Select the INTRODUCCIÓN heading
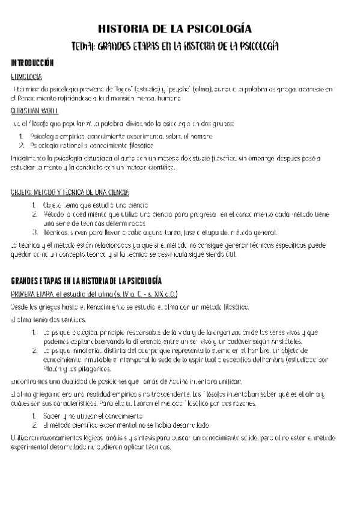pyautogui.click(x=32, y=63)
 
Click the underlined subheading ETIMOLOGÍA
pyautogui.click(x=26, y=77)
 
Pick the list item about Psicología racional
pyautogui.click(x=91, y=145)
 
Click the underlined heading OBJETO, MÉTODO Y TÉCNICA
pyautogui.click(x=70, y=192)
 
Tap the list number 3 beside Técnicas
pyautogui.click(x=35, y=232)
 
